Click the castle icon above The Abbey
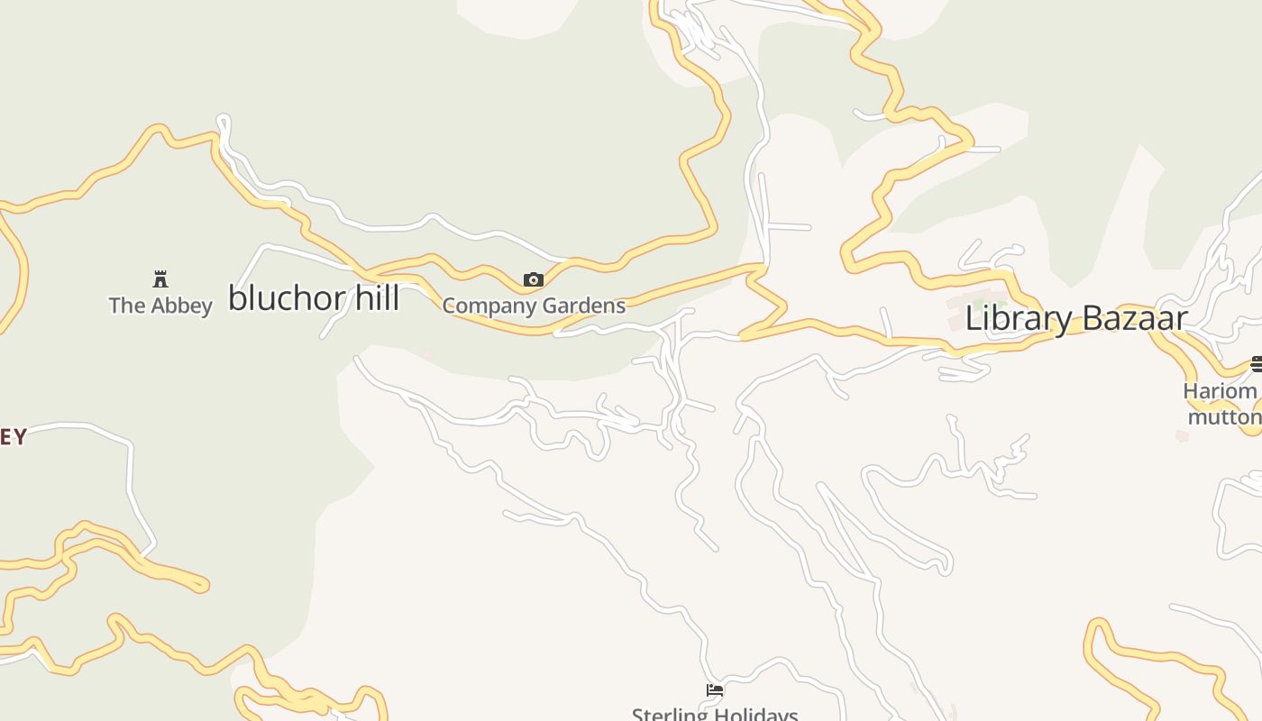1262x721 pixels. coord(160,278)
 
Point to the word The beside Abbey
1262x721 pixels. coord(126,306)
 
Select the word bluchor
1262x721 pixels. coord(283,298)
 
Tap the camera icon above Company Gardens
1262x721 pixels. coord(534,280)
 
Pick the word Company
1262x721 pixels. coord(490,306)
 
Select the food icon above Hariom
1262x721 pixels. coord(1257,364)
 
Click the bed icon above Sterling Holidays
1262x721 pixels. coord(715,691)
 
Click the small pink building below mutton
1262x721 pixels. coord(1182,436)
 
